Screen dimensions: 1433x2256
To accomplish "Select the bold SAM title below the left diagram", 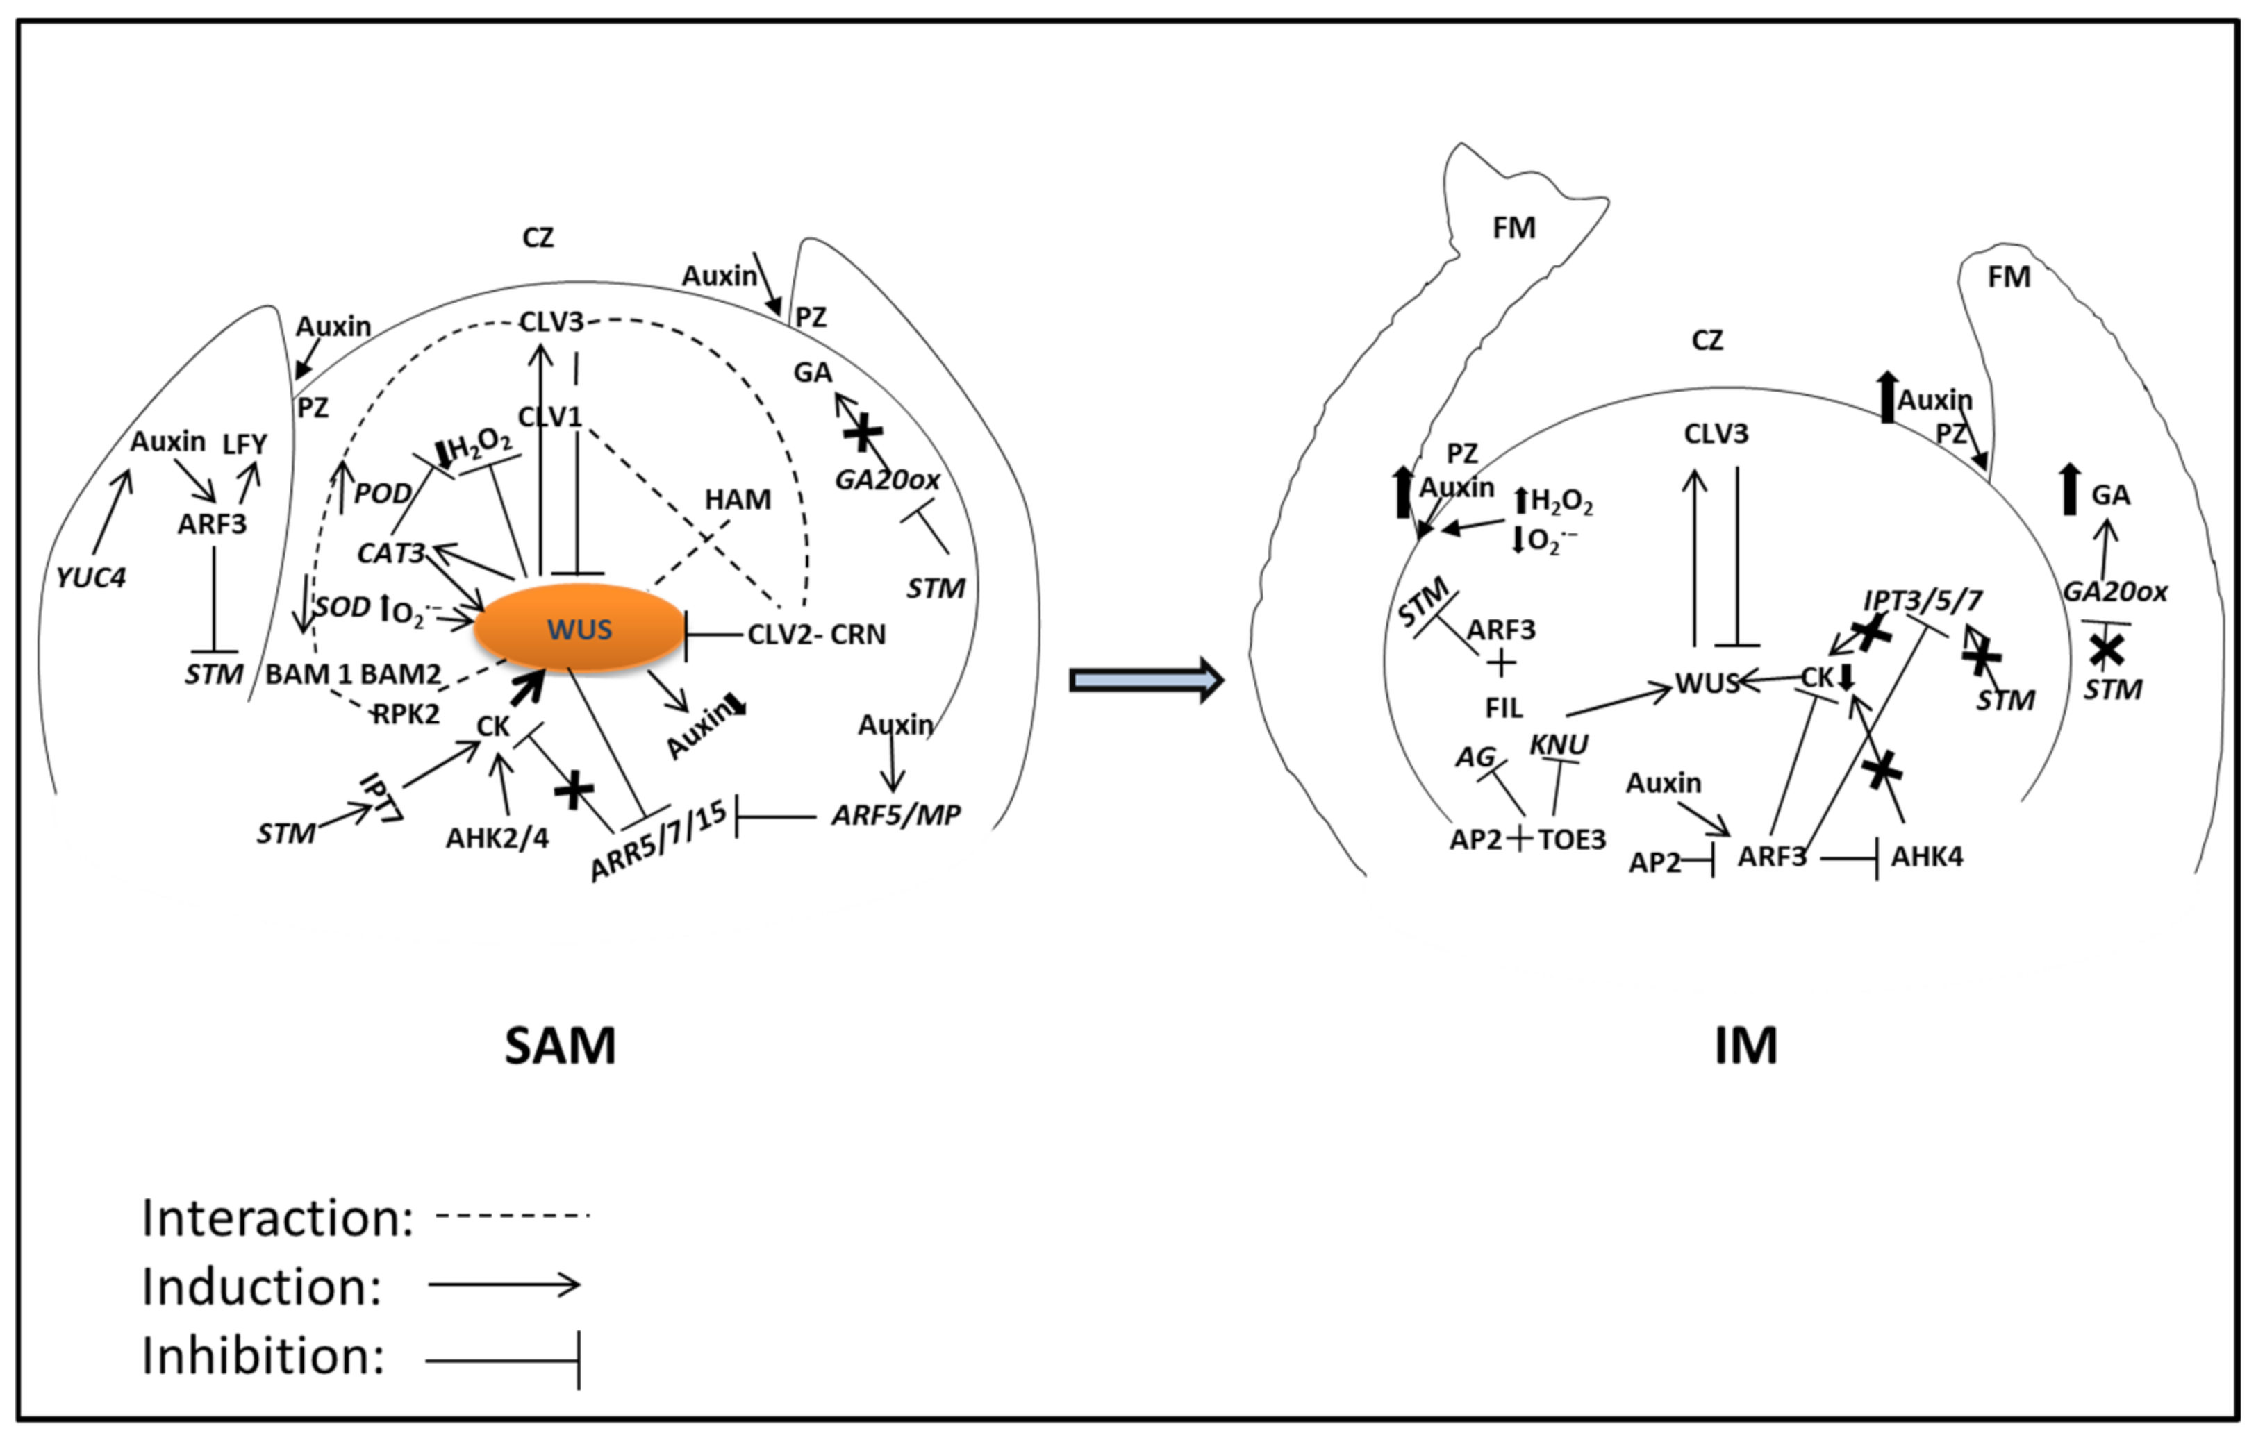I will coord(561,1046).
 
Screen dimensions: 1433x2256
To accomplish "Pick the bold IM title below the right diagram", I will coord(1745,1046).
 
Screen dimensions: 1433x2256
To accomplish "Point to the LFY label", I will coord(244,444).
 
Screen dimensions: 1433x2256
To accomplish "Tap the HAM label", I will coord(738,499).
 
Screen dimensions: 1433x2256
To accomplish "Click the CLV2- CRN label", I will coord(816,635).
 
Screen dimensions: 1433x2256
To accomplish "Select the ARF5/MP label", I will coord(895,815).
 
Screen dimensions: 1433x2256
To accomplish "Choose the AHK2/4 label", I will coord(497,837).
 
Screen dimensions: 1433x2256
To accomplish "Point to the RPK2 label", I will coord(406,714).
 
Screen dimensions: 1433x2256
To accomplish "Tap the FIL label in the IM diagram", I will coord(1503,708).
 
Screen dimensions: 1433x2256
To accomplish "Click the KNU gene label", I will coord(1559,744).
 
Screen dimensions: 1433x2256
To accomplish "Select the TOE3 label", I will coord(1571,840).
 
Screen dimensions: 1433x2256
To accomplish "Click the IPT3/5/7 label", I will coord(1923,601).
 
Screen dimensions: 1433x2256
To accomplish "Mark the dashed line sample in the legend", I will coord(513,1216).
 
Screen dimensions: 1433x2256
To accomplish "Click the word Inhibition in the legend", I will coord(263,1355).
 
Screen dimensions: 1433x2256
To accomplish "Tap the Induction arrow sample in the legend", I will coord(504,1284).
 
